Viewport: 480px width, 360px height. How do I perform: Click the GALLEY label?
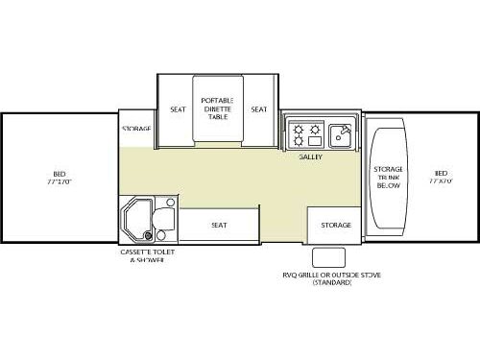tap(309, 156)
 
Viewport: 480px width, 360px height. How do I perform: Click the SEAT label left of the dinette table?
tap(178, 109)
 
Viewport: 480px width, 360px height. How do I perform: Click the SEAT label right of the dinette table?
tap(258, 109)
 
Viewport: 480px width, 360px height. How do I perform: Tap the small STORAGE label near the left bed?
tap(136, 128)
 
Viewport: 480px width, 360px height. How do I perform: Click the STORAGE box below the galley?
tap(335, 225)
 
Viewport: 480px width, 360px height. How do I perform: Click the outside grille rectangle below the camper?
tap(329, 254)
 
